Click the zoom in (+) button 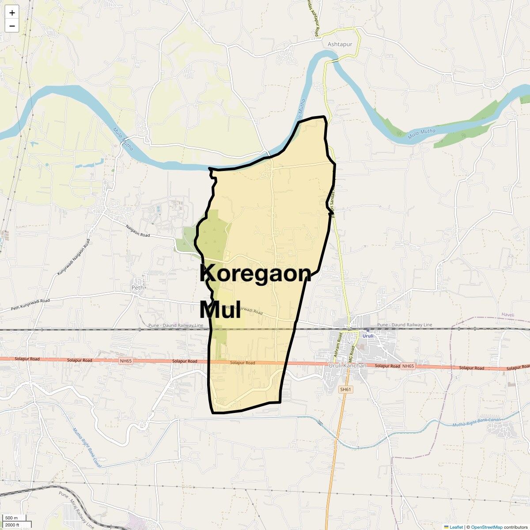click(x=12, y=13)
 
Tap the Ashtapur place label click(x=340, y=44)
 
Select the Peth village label click(x=138, y=288)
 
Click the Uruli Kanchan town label click(x=348, y=366)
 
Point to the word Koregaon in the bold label click(x=255, y=273)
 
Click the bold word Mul click(x=220, y=310)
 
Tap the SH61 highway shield click(x=345, y=390)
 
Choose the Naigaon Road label click(x=138, y=231)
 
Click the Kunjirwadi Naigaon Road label click(x=73, y=258)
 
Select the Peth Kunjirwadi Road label click(x=30, y=304)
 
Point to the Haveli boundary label click(x=508, y=315)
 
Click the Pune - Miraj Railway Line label click(x=76, y=510)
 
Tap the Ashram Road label click(x=337, y=345)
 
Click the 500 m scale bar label click(x=11, y=518)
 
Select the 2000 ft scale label click(x=12, y=525)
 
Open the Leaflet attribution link click(x=456, y=527)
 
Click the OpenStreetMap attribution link click(x=486, y=527)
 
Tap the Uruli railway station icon click(x=367, y=330)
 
